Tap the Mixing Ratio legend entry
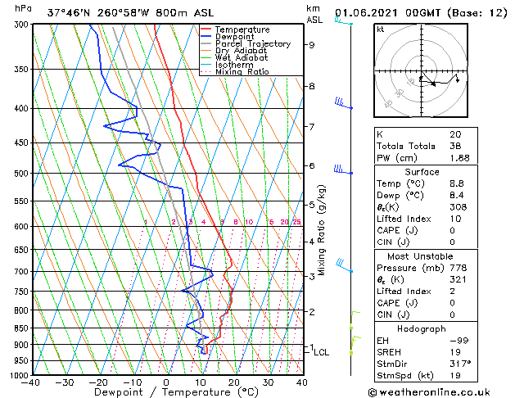pyautogui.click(x=242, y=72)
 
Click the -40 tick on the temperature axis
pyautogui.click(x=31, y=382)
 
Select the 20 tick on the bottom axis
pyautogui.click(x=234, y=382)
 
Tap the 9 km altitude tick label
pyautogui.click(x=312, y=45)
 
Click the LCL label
pyautogui.click(x=322, y=353)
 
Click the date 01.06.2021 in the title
pyautogui.click(x=366, y=13)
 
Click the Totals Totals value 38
pyautogui.click(x=455, y=146)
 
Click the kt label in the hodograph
pyautogui.click(x=380, y=29)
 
